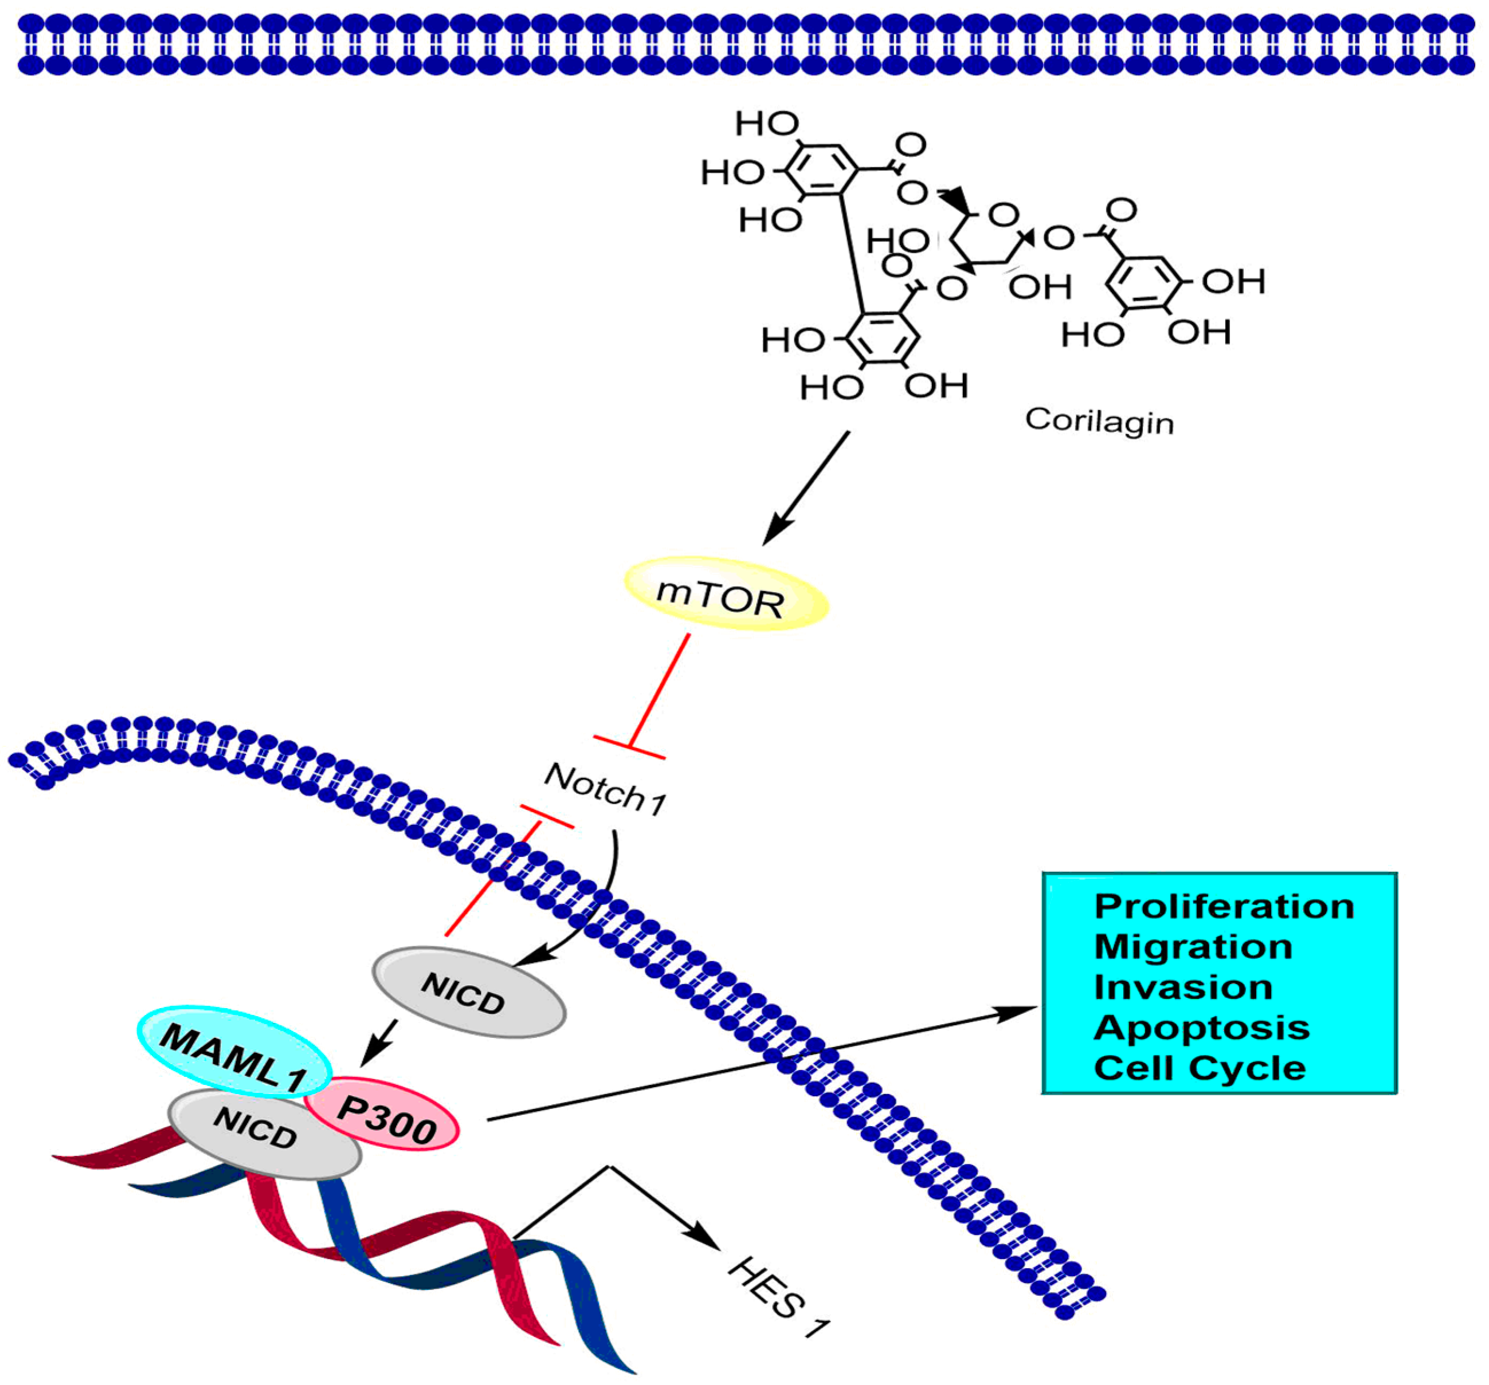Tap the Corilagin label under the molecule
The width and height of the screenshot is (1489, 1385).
point(1098,422)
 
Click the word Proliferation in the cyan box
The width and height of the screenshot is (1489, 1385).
point(1223,907)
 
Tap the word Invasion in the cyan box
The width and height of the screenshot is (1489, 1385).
point(1183,987)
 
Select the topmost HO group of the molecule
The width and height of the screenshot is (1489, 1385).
point(766,124)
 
